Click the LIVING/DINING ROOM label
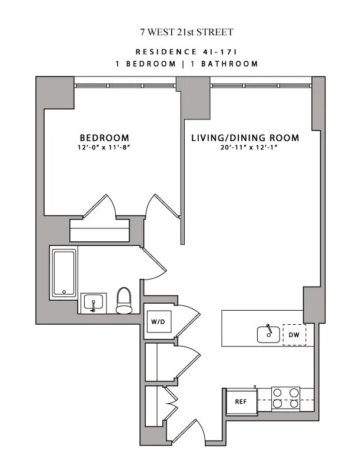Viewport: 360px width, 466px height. (245, 138)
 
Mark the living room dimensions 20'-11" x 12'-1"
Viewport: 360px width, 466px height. (245, 148)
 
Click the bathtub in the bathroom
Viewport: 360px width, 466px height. (64, 272)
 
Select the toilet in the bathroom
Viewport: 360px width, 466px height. (124, 300)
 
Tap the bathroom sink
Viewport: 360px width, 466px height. (93, 303)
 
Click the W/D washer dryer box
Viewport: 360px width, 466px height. (158, 322)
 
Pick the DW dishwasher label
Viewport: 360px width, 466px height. (294, 335)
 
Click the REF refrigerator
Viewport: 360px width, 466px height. (240, 403)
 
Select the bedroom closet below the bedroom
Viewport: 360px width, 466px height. (99, 230)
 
